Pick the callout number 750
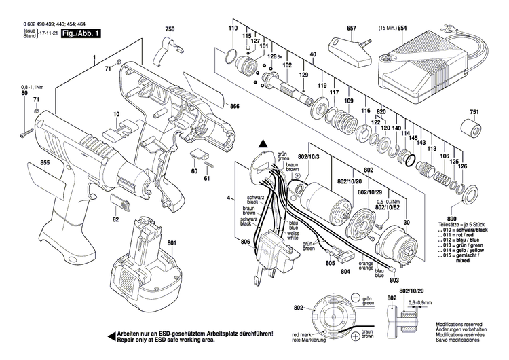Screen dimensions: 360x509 pyautogui.click(x=170, y=30)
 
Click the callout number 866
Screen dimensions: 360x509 pyautogui.click(x=235, y=107)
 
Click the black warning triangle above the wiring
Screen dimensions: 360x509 pyautogui.click(x=263, y=143)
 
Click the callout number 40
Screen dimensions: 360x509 pyautogui.click(x=313, y=54)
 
